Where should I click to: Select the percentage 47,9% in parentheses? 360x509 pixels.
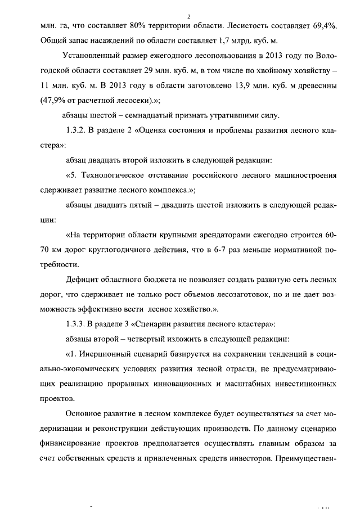pyautogui.click(x=55, y=101)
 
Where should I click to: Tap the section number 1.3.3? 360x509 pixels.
pyautogui.click(x=76, y=322)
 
